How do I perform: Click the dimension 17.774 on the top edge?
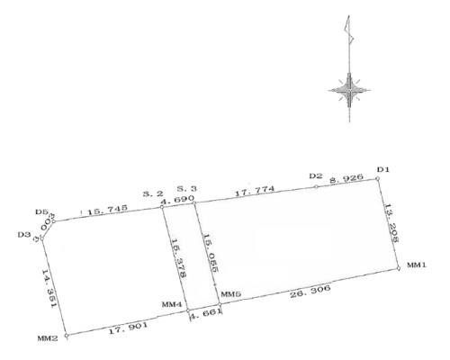pyautogui.click(x=255, y=191)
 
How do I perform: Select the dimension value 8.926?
pyautogui.click(x=346, y=178)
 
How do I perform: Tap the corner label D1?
pyautogui.click(x=382, y=170)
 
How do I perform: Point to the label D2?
pyautogui.click(x=316, y=176)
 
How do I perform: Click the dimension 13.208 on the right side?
pyautogui.click(x=391, y=223)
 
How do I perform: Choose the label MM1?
pyautogui.click(x=417, y=265)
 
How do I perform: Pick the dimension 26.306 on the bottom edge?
pyautogui.click(x=310, y=291)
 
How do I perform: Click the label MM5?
pyautogui.click(x=230, y=294)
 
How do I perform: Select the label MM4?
pyautogui.click(x=172, y=304)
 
